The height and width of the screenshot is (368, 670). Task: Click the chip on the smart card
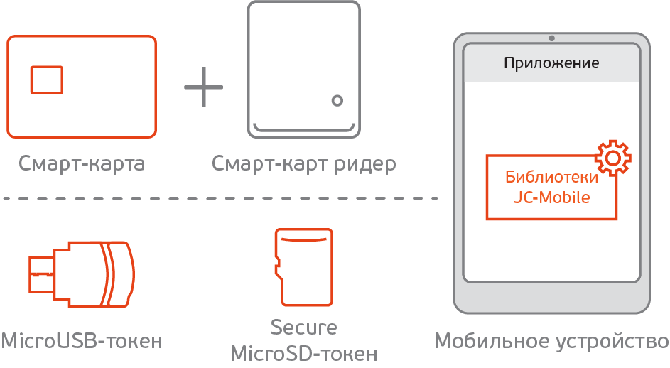point(46,80)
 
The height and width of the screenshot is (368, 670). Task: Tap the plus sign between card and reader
point(203,87)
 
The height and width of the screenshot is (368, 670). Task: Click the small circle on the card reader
point(337,100)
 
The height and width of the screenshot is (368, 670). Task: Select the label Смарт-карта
point(82,164)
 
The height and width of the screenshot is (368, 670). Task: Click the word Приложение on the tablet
point(551,63)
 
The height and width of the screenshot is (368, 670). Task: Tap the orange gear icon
point(612,158)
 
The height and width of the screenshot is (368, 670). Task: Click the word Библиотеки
point(551,178)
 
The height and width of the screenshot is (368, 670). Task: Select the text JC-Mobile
point(551,197)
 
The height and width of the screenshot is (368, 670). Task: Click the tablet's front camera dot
point(552,38)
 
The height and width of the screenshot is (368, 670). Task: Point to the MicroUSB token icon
point(80,274)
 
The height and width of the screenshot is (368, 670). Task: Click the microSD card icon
point(303,266)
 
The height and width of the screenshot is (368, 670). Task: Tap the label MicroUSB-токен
point(82,341)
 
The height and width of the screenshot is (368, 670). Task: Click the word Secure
point(303,328)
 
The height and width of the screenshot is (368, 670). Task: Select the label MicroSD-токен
point(303,352)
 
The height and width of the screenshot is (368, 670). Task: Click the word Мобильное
point(490,341)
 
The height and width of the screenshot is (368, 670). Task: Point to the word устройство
point(610,342)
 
